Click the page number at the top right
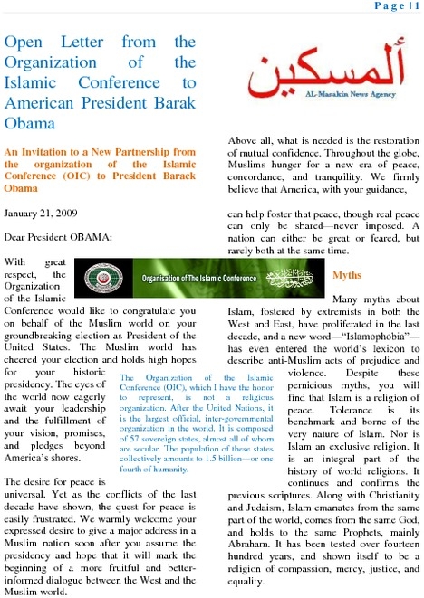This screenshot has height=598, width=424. point(394,6)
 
